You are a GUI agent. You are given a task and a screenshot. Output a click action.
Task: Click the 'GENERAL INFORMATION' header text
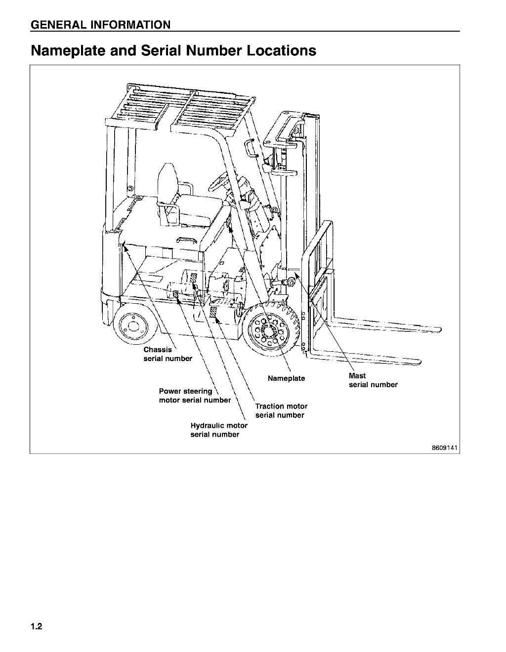(x=100, y=25)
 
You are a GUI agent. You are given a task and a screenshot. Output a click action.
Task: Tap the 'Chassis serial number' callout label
(x=168, y=354)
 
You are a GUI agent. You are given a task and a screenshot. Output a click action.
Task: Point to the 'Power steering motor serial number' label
(x=194, y=396)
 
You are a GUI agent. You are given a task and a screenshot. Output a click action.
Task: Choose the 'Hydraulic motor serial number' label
(x=219, y=430)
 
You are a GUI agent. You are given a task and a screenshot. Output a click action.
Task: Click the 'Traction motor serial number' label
(x=281, y=410)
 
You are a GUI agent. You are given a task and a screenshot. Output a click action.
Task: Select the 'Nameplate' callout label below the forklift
(x=286, y=378)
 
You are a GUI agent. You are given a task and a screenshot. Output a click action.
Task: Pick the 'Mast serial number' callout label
(x=373, y=380)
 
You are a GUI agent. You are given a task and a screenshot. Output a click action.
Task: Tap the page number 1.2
(x=37, y=627)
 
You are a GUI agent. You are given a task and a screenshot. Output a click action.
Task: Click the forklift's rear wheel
(x=132, y=326)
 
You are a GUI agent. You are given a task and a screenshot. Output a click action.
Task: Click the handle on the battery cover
(x=186, y=241)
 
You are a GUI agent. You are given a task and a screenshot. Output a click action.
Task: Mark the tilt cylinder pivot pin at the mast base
(x=291, y=282)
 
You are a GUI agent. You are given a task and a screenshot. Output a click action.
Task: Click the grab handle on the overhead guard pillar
(x=250, y=148)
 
